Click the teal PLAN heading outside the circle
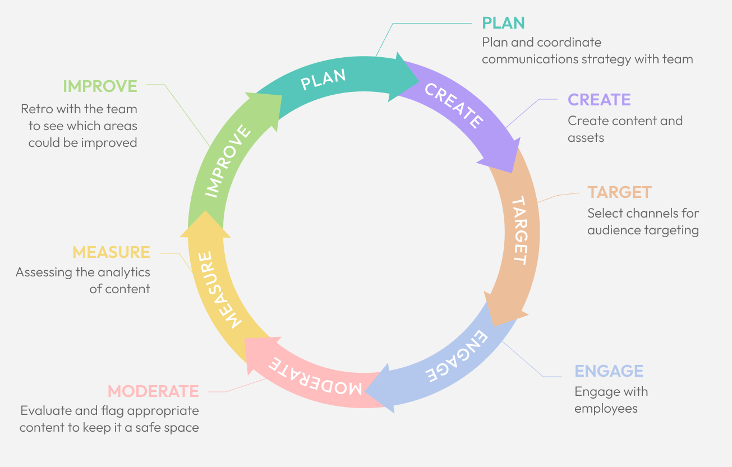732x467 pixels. click(x=503, y=23)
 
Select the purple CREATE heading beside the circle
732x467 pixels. click(x=599, y=100)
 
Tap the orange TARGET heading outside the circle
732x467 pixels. click(x=619, y=192)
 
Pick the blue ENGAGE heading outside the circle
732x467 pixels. click(x=609, y=371)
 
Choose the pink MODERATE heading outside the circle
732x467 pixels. click(x=153, y=391)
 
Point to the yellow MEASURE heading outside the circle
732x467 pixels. click(x=111, y=252)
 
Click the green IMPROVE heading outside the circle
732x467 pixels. click(x=100, y=86)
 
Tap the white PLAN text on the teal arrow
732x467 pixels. click(x=323, y=80)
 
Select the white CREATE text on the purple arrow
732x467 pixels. click(x=453, y=105)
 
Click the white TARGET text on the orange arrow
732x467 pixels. click(x=520, y=230)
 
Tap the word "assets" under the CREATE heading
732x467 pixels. click(x=586, y=138)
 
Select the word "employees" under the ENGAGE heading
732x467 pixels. click(x=606, y=409)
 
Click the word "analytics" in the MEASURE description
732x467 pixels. click(x=124, y=272)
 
